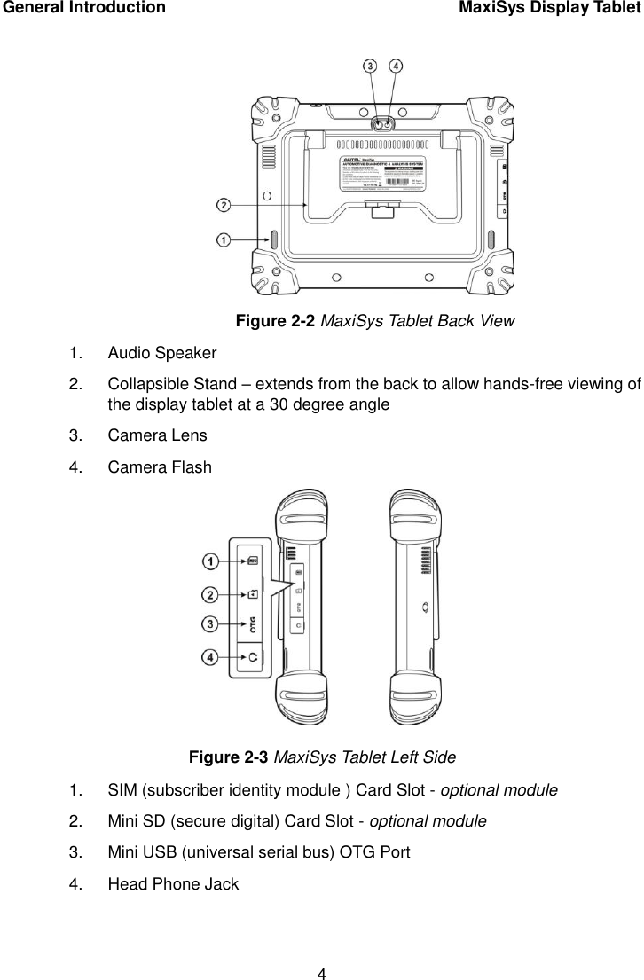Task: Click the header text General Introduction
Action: click(82, 9)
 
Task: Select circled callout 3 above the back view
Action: click(370, 66)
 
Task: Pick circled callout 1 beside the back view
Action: click(224, 239)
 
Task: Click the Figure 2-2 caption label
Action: click(275, 321)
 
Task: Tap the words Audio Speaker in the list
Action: click(161, 353)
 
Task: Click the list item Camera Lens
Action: click(157, 435)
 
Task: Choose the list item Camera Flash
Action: click(160, 466)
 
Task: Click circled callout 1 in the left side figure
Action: click(210, 561)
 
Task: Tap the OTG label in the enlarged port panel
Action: click(254, 624)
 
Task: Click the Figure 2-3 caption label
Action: click(228, 757)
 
